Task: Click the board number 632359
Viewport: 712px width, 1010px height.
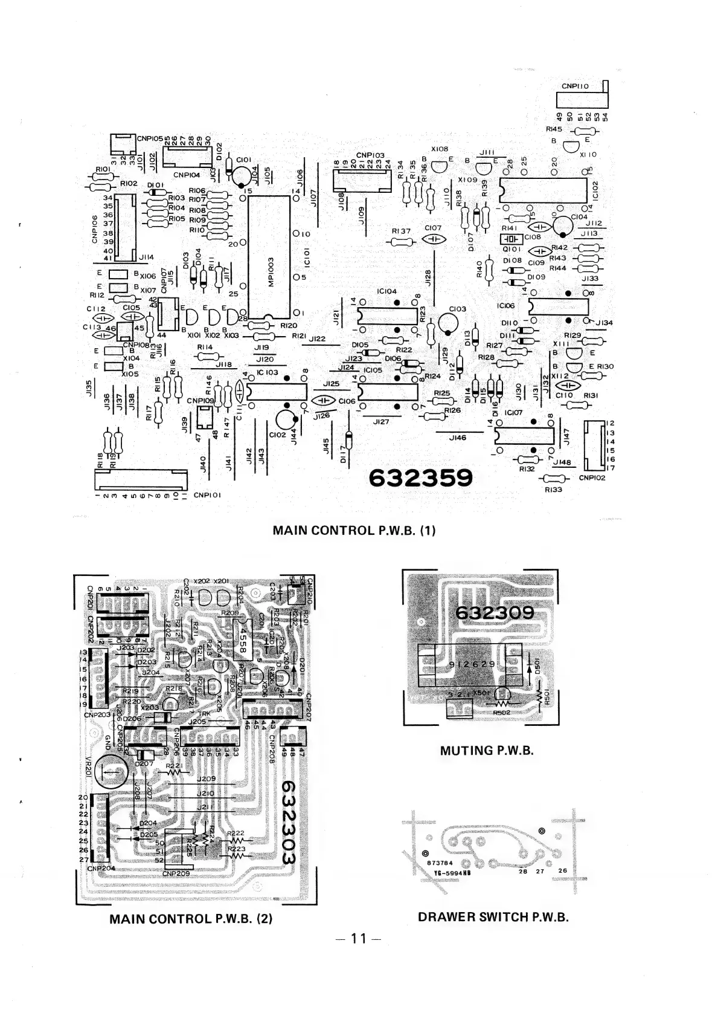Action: pos(420,478)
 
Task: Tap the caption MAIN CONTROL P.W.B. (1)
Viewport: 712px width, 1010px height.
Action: pos(354,531)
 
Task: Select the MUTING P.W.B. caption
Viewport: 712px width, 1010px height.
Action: pos(487,751)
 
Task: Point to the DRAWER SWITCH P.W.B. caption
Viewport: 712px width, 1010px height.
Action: pos(493,917)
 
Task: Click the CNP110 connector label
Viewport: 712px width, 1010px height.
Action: pos(575,86)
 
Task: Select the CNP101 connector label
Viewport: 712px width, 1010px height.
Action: pos(210,495)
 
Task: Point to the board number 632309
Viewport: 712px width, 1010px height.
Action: pos(495,613)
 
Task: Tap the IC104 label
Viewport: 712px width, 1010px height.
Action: pos(386,291)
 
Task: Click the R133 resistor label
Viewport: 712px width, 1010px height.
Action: pos(553,489)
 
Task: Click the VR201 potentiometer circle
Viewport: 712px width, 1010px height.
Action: pos(111,771)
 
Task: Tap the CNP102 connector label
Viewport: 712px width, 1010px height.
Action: pos(592,477)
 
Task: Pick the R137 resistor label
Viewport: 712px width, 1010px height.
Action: pos(401,230)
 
